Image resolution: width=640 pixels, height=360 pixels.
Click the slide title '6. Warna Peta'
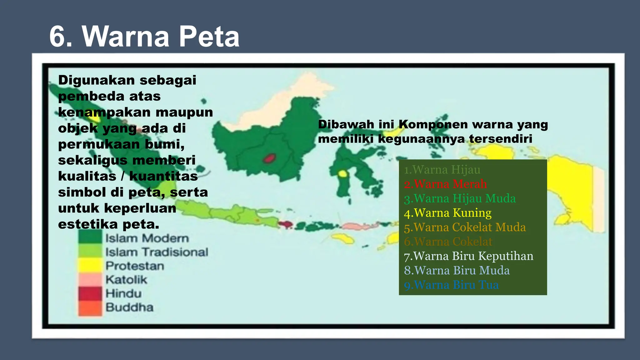click(144, 37)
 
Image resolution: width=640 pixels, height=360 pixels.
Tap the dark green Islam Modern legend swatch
click(90, 237)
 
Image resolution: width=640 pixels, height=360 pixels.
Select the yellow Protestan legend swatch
click(90, 266)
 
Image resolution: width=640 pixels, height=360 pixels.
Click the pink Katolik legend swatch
click(90, 279)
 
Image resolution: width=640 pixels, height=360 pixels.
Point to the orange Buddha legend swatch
click(90, 307)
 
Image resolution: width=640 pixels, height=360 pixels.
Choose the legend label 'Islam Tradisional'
click(157, 252)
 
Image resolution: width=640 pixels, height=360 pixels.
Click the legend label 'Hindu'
click(123, 293)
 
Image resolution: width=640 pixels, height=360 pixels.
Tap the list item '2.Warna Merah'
click(445, 184)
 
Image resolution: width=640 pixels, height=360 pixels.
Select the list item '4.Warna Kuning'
click(447, 213)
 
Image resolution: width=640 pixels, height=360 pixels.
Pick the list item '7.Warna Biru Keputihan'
click(468, 256)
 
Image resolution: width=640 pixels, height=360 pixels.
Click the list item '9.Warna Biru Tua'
click(451, 285)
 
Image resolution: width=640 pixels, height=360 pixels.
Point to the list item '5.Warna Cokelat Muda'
click(465, 227)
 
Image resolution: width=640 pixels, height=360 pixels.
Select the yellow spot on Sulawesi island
click(343, 174)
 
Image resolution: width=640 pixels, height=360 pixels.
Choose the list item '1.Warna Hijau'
click(442, 170)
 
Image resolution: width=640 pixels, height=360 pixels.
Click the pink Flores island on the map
click(359, 226)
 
